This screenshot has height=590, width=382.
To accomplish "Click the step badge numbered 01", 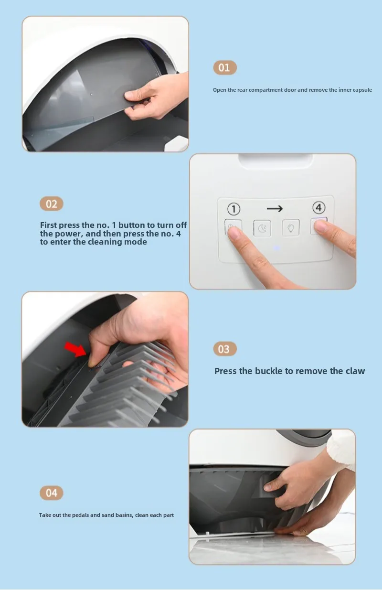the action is coord(225,68).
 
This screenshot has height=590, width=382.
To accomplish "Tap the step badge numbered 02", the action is coord(52,204).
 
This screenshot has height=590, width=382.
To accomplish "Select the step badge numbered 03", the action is coord(225,349).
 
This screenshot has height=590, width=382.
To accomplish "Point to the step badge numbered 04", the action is coord(52,493).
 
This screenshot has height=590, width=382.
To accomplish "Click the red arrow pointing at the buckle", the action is coord(75,350).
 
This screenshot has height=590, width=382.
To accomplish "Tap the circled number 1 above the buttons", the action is coord(233,209).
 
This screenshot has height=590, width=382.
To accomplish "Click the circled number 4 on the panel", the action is coord(318,208).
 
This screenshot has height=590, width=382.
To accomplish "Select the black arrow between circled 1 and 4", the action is coord(275,209).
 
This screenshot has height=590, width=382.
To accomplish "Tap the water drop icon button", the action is coord(291,227).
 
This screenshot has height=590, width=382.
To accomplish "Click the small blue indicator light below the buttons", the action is coord(276,248).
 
